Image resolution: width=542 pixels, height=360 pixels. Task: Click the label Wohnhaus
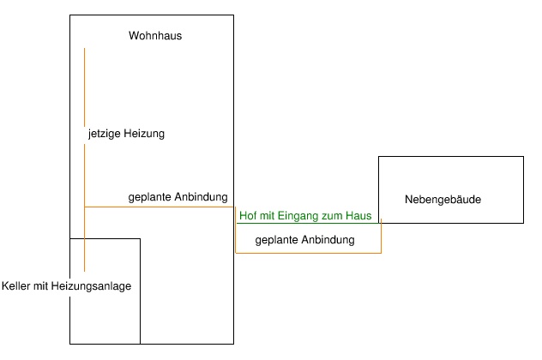click(x=155, y=36)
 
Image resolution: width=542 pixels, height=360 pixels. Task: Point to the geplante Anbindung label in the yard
click(x=304, y=241)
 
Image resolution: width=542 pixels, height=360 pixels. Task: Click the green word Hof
click(x=248, y=217)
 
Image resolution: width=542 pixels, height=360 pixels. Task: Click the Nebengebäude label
click(x=443, y=200)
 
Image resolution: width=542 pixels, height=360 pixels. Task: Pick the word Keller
click(x=18, y=286)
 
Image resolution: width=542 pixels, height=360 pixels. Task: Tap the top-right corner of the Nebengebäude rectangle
click(x=523, y=157)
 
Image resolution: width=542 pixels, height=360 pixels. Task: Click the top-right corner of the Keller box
click(x=140, y=238)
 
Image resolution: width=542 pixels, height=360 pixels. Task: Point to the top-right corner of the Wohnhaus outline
click(x=233, y=15)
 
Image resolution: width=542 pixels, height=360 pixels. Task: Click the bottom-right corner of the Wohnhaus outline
click(x=233, y=344)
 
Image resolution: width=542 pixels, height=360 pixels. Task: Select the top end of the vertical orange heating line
click(x=84, y=49)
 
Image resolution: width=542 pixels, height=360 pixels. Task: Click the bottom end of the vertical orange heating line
click(x=84, y=271)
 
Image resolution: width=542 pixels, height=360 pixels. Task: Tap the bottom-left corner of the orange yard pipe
click(x=236, y=253)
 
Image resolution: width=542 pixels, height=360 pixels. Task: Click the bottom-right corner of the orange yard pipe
click(x=381, y=253)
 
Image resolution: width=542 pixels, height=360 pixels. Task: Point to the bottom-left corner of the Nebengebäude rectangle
click(x=378, y=223)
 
